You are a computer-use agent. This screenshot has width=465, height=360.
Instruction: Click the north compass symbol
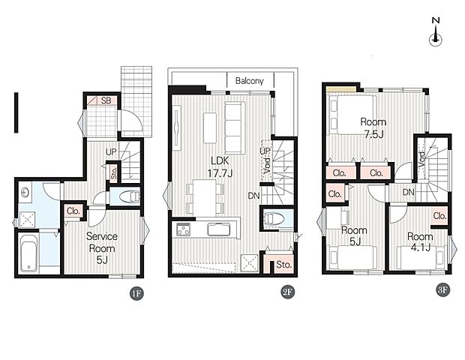coord(436,32)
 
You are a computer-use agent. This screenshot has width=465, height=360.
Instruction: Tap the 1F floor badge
coord(136,294)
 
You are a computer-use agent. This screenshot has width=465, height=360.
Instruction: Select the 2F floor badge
coord(288,292)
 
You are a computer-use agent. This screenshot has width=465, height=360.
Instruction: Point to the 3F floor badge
coord(442,290)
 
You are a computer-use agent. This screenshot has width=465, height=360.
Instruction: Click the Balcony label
coord(250,81)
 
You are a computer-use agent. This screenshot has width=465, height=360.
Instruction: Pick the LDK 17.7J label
coord(220,167)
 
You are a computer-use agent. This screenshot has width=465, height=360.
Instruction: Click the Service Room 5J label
coord(102,248)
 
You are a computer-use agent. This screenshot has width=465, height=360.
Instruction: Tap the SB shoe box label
coord(106,100)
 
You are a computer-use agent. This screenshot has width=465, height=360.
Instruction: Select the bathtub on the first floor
coord(28,253)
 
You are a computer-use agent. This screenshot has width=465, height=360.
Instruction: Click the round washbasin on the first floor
coord(25,193)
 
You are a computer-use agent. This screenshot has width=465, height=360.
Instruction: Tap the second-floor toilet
coord(274,218)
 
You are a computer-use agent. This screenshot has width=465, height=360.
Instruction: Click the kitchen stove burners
coord(184,229)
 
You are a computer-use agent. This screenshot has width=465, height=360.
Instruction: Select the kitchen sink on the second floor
coord(219,229)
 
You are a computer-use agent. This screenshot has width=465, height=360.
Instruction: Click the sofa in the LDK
coord(235,127)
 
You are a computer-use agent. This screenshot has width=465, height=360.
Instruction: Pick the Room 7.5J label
coord(373,127)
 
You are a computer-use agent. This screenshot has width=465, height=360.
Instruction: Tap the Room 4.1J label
coord(420,242)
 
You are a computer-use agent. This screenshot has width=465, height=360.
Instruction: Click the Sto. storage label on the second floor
coord(283,265)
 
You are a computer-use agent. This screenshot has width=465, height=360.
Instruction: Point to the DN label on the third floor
coord(408,192)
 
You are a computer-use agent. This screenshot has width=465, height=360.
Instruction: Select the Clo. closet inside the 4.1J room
coord(439,215)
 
